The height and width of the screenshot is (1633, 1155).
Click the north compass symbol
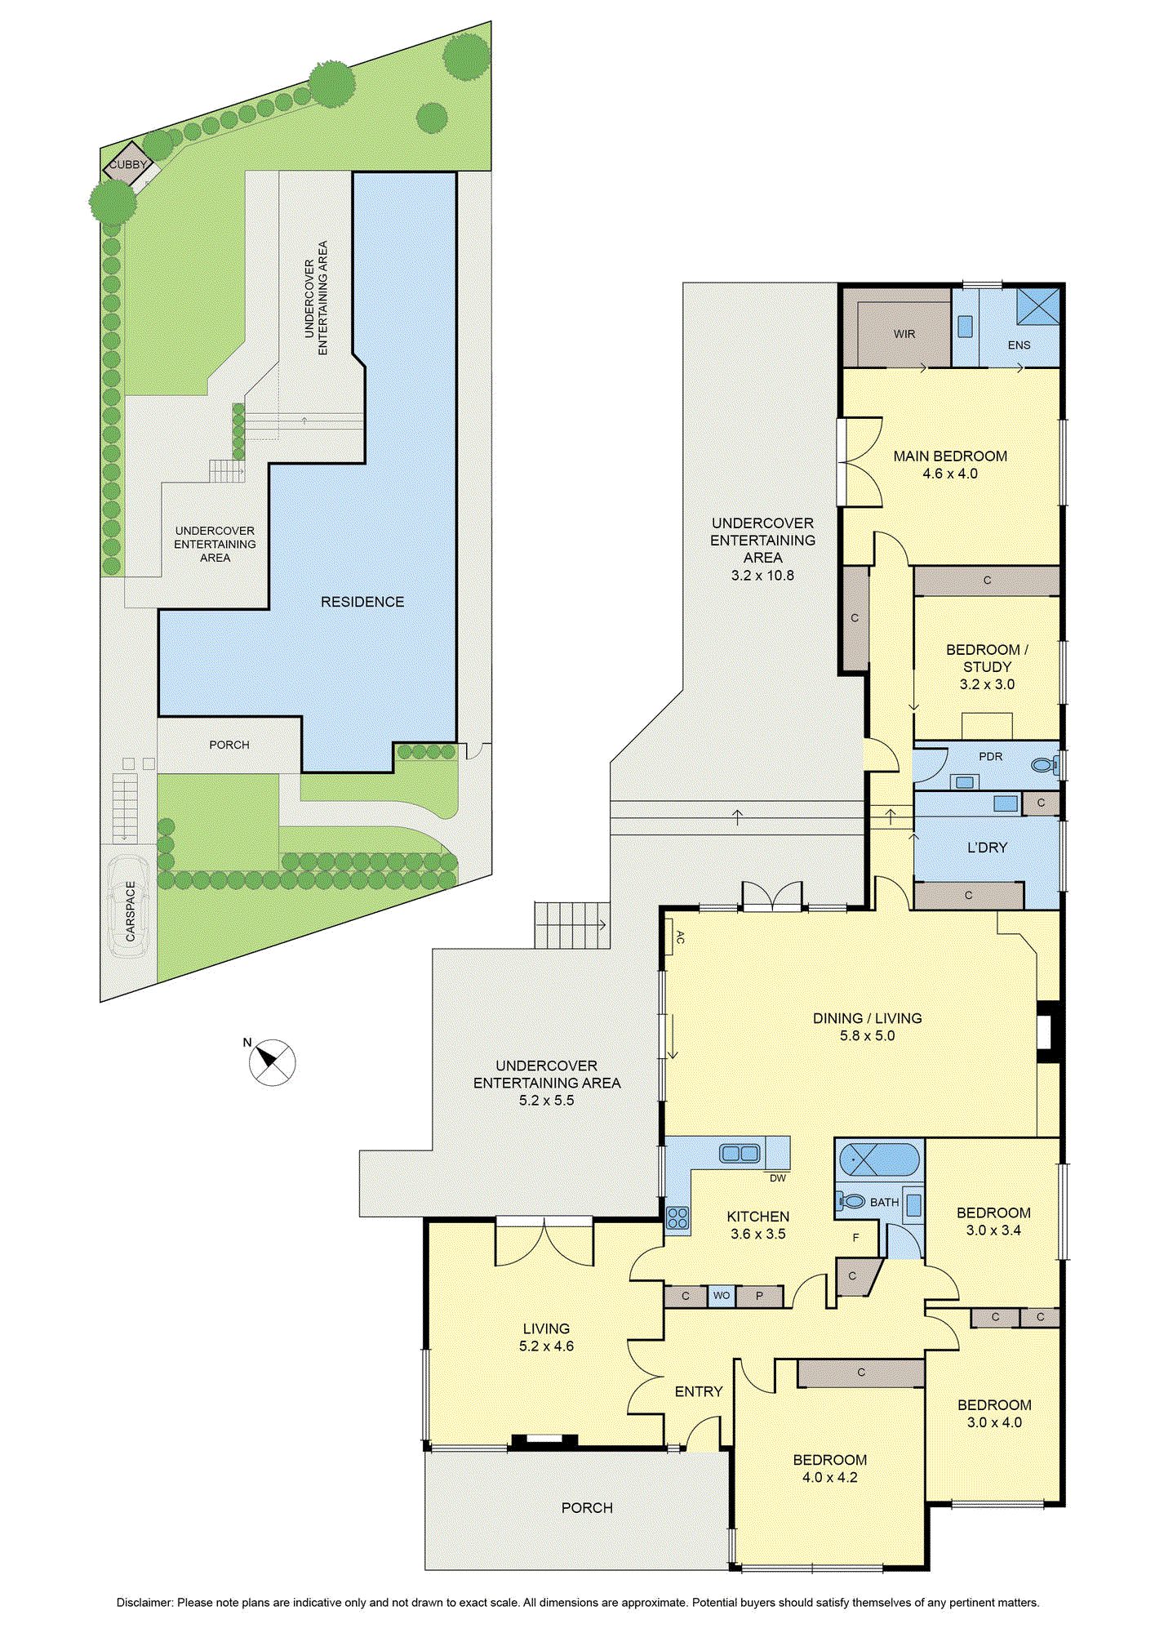(272, 1062)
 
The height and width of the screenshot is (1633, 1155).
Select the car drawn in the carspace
(128, 906)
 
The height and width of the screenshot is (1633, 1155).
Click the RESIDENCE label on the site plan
(362, 602)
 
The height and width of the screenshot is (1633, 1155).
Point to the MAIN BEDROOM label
(950, 456)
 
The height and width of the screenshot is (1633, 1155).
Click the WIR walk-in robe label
(904, 334)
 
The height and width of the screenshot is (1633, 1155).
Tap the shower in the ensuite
(1038, 305)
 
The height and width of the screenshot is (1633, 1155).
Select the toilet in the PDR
(1045, 766)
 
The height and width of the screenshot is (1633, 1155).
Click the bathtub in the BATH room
(879, 1159)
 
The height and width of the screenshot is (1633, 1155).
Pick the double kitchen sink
(740, 1154)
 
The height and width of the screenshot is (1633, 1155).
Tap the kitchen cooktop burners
(677, 1218)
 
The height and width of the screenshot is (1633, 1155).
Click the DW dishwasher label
(778, 1178)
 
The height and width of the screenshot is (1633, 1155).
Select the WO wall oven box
(722, 1296)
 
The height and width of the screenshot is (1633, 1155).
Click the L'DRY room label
(988, 848)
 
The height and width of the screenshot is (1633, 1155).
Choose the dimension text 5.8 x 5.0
(868, 1036)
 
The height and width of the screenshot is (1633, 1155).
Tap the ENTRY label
(699, 1391)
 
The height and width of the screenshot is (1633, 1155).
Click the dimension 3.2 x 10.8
(762, 576)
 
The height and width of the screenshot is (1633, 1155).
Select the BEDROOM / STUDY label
(988, 658)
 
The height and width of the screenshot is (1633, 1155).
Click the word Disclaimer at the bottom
(144, 1603)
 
